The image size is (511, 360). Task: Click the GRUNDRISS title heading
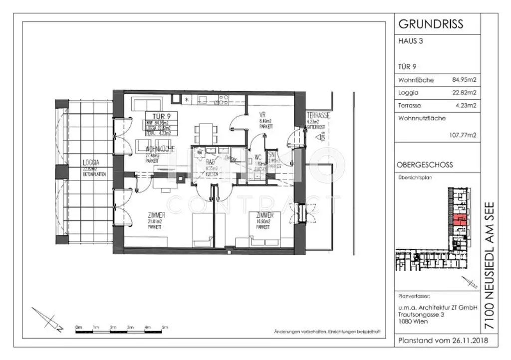point(431,24)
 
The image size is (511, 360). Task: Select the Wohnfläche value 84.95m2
point(464,80)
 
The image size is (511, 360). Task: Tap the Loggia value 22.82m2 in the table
point(464,92)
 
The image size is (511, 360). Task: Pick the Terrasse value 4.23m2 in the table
point(466,105)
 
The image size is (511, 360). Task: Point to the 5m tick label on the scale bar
point(165,328)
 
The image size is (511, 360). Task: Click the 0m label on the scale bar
point(78,328)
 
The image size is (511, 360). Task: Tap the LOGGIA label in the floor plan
point(91,163)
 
